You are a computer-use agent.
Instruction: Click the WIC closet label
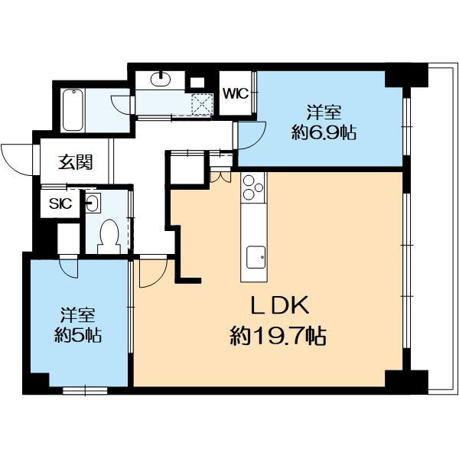pyautogui.click(x=236, y=93)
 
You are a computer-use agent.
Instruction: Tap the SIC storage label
pyautogui.click(x=60, y=203)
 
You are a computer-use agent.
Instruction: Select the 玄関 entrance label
pyautogui.click(x=75, y=162)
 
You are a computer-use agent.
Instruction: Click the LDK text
pyautogui.click(x=279, y=305)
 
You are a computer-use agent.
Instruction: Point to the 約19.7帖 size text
pyautogui.click(x=278, y=336)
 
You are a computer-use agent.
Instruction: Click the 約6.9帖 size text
pyautogui.click(x=324, y=133)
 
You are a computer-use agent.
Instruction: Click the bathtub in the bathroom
pyautogui.click(x=73, y=109)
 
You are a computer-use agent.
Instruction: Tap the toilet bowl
pyautogui.click(x=109, y=236)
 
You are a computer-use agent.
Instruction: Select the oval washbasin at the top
pyautogui.click(x=161, y=79)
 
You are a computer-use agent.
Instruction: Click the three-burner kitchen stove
pyautogui.click(x=253, y=188)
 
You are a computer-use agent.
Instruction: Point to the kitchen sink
pyautogui.click(x=256, y=257)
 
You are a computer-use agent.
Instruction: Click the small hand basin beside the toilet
pyautogui.click(x=93, y=203)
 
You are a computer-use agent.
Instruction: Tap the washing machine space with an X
pyautogui.click(x=202, y=105)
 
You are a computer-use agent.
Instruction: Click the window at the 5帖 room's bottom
pyautogui.click(x=85, y=390)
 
